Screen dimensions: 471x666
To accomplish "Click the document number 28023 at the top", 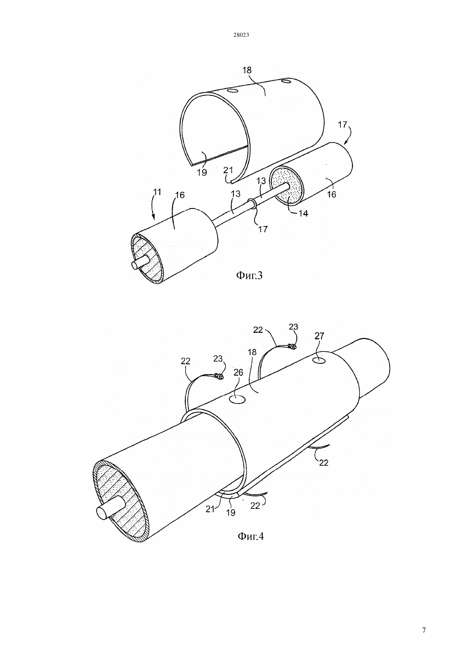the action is coord(241,35).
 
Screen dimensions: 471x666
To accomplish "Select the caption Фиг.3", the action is coord(249,276).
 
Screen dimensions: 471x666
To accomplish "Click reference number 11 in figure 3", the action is coord(157,192).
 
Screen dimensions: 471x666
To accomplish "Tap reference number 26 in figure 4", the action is coord(238,372).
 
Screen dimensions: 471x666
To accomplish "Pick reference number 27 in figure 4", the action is coord(319,336).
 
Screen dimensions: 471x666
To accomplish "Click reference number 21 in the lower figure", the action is coord(210,509).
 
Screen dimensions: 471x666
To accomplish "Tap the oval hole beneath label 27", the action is coord(319,360).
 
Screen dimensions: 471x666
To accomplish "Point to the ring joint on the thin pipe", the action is coord(253,204).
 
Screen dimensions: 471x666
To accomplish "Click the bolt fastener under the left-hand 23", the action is coord(219,376).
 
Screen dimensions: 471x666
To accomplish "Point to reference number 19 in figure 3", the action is coord(202,172).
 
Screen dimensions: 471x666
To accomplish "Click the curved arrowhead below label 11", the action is coord(154,218).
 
